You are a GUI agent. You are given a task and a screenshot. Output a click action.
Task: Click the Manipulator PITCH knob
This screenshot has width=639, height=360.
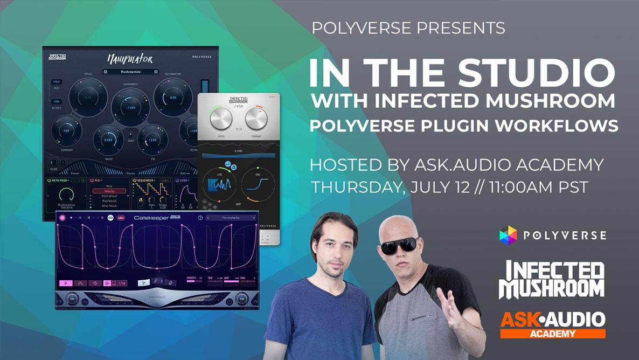point(88,98)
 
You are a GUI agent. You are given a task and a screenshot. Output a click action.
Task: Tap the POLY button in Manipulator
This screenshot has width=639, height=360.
point(56,82)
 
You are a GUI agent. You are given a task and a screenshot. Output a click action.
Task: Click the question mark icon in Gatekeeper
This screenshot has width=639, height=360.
point(200,218)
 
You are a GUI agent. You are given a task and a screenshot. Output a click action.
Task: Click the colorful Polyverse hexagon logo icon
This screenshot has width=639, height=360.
point(508,235)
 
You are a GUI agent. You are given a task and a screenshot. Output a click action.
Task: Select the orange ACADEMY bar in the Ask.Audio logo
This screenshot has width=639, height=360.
point(553,333)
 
